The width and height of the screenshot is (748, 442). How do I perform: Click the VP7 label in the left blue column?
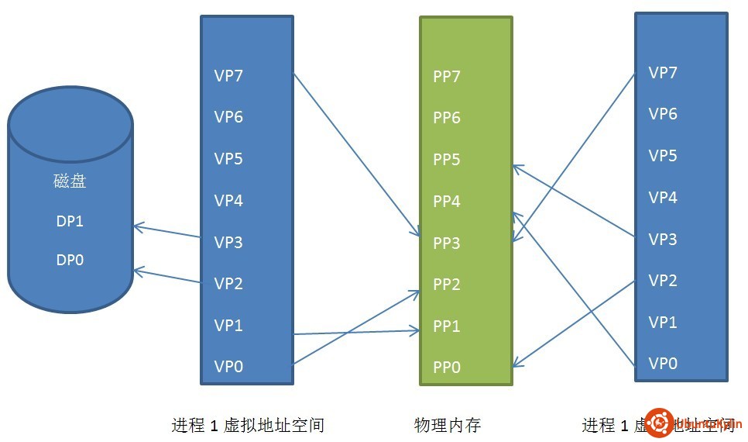click(x=228, y=76)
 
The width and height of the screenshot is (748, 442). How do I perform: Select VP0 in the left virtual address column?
click(x=228, y=367)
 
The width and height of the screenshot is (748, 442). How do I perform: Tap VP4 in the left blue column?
click(x=228, y=201)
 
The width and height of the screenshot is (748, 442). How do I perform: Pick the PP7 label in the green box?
click(x=447, y=77)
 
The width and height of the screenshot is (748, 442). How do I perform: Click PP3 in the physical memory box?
click(x=447, y=243)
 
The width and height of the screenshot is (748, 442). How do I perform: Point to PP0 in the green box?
click(x=447, y=368)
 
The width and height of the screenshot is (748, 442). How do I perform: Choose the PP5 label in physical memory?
click(x=447, y=160)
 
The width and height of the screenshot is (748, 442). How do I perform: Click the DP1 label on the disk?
click(x=70, y=221)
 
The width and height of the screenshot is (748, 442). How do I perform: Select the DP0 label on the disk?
click(x=70, y=260)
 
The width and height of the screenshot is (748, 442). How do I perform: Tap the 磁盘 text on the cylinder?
click(x=70, y=182)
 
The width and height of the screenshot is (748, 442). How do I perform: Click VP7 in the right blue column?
click(x=663, y=73)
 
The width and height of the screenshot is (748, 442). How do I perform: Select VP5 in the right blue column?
click(x=663, y=156)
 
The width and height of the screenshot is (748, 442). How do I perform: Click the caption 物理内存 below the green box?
click(x=448, y=425)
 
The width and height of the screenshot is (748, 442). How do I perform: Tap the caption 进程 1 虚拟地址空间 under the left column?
click(x=247, y=425)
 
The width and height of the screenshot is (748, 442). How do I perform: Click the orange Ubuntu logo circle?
click(x=660, y=423)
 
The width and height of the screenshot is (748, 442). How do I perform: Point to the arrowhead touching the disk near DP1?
click(x=136, y=227)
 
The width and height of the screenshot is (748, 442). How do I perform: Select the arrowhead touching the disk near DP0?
click(x=136, y=271)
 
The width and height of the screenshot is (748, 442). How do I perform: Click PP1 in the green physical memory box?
click(x=447, y=326)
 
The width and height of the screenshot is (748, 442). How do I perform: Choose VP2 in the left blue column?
click(x=228, y=284)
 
